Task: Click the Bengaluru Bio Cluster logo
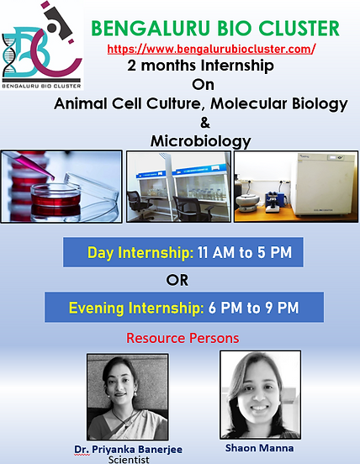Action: coord(42,45)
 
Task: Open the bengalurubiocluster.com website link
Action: coord(211,49)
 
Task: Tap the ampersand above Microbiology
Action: coord(205,123)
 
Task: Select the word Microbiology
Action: coord(201,141)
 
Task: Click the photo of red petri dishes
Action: coord(61,187)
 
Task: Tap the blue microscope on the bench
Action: coord(274,201)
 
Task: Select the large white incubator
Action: coord(324,184)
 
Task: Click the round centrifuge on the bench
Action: coord(247,202)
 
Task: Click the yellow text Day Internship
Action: coord(140,253)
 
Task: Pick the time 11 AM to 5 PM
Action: coord(245,252)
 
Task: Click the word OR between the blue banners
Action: coord(177,280)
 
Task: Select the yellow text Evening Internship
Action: coord(136,308)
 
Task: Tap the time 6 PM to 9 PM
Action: coord(253,308)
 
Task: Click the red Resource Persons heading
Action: coord(183,338)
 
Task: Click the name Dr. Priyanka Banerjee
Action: coord(128,450)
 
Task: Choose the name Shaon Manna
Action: coord(260,448)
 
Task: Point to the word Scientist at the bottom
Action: coord(129,460)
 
